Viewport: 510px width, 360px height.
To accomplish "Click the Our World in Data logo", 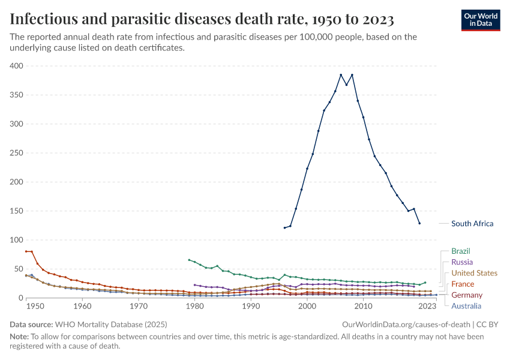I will pos(480,20).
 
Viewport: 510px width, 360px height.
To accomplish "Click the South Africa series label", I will pos(472,224).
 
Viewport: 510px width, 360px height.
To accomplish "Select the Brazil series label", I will pos(460,251).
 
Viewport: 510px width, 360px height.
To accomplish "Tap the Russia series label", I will pos(461,262).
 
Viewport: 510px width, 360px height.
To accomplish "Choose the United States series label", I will pos(474,273).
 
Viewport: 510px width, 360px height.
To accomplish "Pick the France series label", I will pos(462,284).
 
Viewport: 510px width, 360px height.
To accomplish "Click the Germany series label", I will pos(466,295).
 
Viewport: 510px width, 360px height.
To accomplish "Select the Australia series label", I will pos(466,306).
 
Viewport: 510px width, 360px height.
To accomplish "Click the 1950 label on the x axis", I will pos(35,307).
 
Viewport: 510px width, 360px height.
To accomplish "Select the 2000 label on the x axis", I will pos(307,307).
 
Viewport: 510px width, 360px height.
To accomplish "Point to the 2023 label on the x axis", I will pos(427,307).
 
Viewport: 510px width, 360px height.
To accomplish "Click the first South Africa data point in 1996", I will pos(285,228).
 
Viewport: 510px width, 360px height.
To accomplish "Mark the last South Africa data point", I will pos(419,223).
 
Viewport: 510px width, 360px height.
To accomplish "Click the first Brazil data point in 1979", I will pos(189,260).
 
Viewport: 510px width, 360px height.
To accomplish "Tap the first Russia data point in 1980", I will pos(194,285).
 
